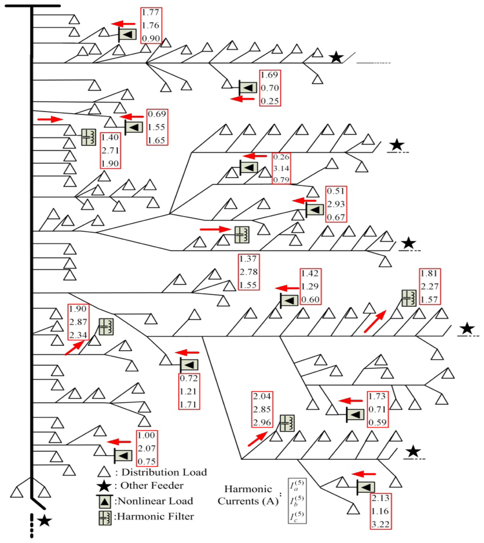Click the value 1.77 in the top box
point(151,13)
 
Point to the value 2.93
point(336,204)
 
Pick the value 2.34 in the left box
point(78,335)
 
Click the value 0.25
point(270,101)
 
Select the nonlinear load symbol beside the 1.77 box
point(126,34)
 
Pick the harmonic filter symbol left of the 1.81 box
point(408,298)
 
